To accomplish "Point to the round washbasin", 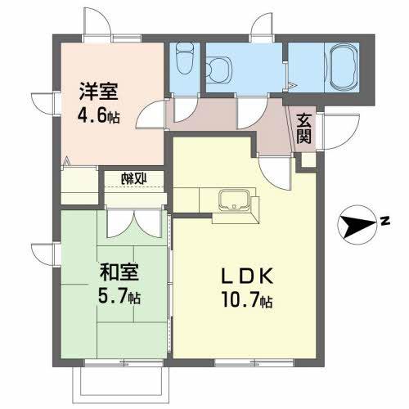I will [x=218, y=68].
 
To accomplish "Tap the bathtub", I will [x=338, y=62].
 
